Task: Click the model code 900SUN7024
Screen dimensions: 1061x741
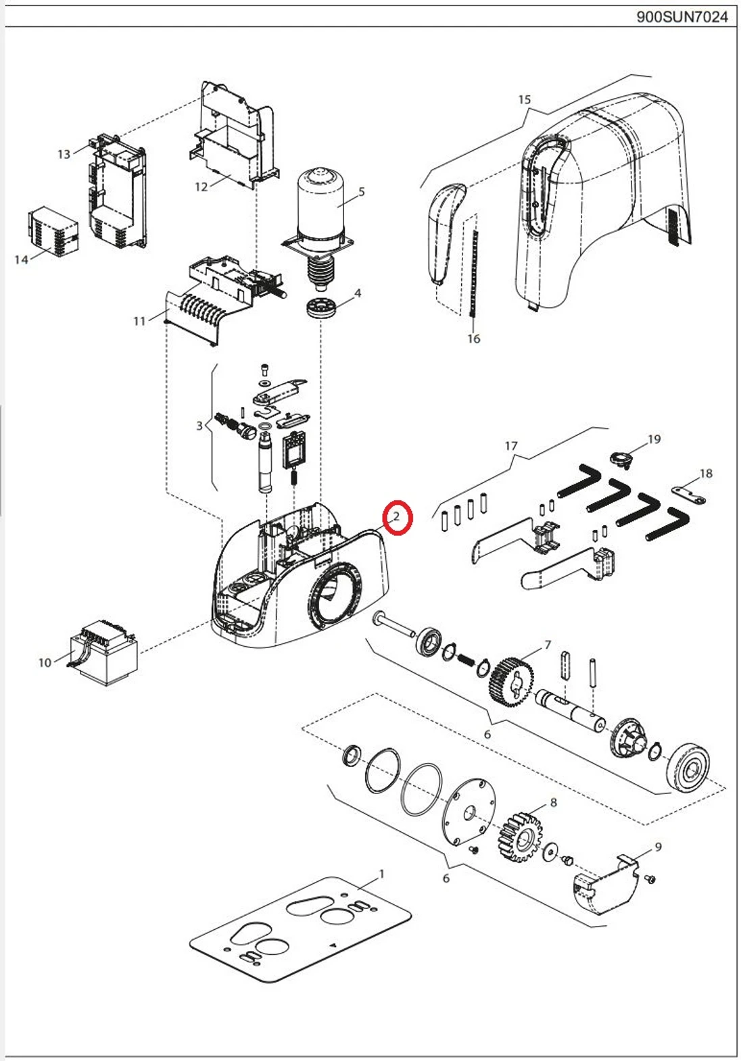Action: click(682, 16)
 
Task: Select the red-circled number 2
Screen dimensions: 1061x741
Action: click(397, 517)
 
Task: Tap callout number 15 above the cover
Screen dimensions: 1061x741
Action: click(525, 100)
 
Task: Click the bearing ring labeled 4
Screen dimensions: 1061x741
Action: click(321, 308)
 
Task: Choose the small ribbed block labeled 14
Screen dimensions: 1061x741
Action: click(53, 231)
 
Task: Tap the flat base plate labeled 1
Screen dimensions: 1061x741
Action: click(301, 929)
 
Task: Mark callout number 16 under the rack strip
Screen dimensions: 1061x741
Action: click(473, 339)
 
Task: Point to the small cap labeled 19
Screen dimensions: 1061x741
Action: click(621, 459)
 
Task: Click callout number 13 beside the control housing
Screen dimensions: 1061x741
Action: click(64, 154)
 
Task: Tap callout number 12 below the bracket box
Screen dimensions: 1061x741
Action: click(201, 187)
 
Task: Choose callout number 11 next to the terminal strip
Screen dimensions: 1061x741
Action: click(139, 320)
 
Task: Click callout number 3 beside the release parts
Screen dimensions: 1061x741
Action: click(199, 426)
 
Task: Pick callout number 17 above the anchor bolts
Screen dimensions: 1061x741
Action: click(511, 446)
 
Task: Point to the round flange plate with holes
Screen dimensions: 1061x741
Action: click(468, 811)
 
